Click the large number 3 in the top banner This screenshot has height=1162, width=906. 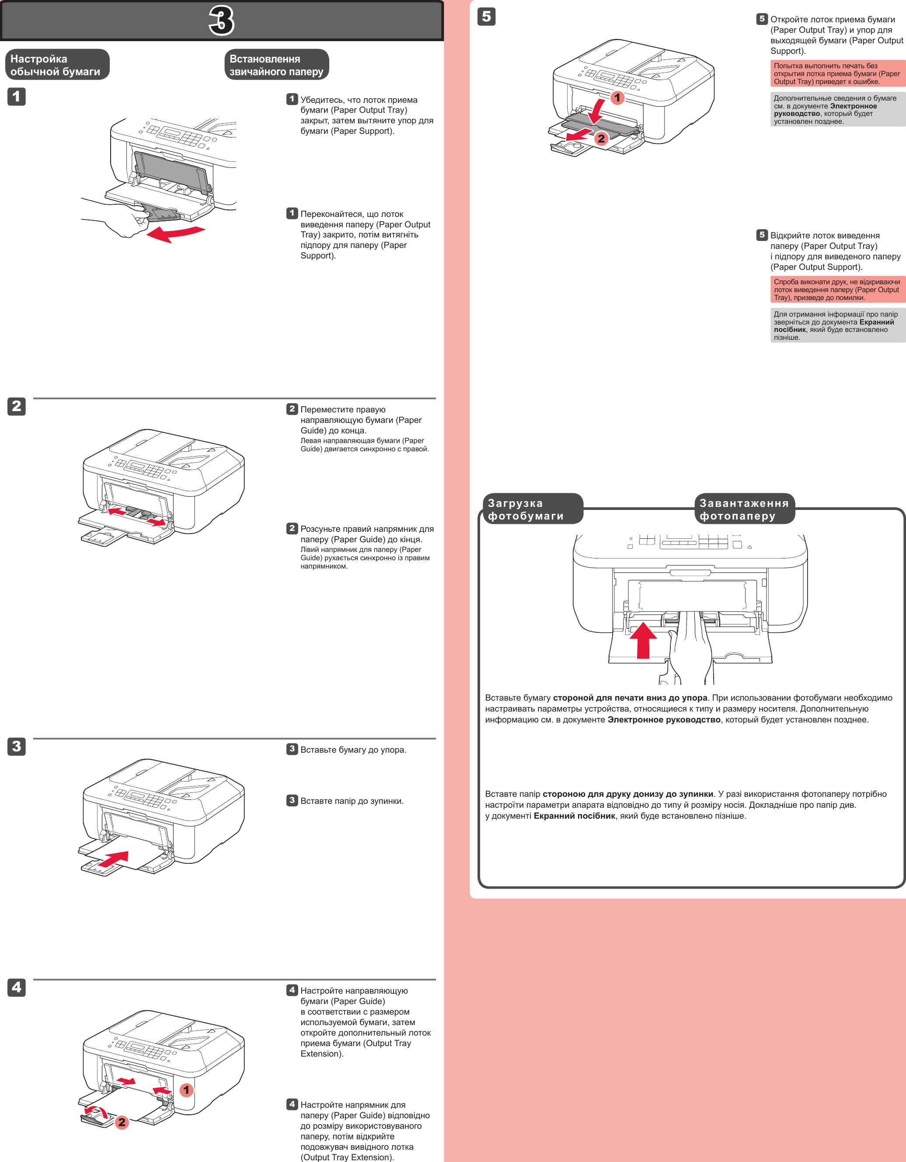tap(221, 21)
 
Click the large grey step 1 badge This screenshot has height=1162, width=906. tap(17, 97)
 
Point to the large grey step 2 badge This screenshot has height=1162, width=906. tap(17, 406)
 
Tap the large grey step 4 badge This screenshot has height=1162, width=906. tap(17, 988)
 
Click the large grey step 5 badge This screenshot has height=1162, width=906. tap(486, 17)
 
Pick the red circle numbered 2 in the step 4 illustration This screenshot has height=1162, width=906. tap(122, 1122)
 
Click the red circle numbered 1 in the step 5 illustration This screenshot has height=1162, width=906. tap(617, 98)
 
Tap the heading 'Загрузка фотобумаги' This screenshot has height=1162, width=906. tap(532, 509)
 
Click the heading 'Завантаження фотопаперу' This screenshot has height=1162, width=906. tap(744, 509)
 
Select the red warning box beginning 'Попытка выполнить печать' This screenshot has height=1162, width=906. tap(837, 73)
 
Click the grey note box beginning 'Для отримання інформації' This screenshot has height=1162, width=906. tap(837, 326)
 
